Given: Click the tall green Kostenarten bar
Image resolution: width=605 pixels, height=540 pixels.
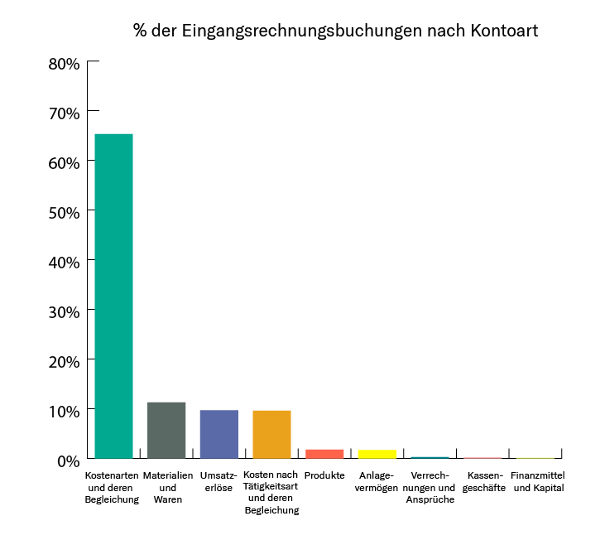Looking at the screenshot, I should [113, 296].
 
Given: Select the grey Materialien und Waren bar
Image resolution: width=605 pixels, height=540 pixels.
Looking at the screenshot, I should [166, 430].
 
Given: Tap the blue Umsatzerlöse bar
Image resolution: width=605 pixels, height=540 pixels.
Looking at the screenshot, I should [218, 434].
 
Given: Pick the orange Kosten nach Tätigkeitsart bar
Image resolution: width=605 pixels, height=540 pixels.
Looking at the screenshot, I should [271, 434].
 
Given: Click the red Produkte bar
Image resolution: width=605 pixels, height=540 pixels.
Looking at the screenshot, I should [324, 454].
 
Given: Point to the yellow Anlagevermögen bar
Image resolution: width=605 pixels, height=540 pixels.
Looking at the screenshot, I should [377, 454].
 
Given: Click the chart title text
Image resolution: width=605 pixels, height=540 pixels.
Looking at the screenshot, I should [335, 31].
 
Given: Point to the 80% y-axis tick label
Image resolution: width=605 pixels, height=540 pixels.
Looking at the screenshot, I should [63, 63].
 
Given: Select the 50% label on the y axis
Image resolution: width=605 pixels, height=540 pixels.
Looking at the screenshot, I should [63, 212].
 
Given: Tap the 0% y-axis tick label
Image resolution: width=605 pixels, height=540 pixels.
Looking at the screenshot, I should [67, 460].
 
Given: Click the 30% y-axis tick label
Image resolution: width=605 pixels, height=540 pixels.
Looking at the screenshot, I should [63, 311].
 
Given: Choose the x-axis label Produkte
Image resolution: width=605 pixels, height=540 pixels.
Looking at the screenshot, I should [324, 476].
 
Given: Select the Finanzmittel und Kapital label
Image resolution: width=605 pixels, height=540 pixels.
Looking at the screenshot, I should [539, 482].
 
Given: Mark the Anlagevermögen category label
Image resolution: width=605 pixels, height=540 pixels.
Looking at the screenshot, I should [377, 482].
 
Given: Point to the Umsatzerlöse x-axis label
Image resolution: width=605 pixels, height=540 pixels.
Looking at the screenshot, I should [218, 482].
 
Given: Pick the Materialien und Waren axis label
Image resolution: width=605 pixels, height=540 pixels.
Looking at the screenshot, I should [167, 488].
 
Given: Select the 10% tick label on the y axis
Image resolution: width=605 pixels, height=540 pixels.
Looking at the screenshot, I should [63, 411].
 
